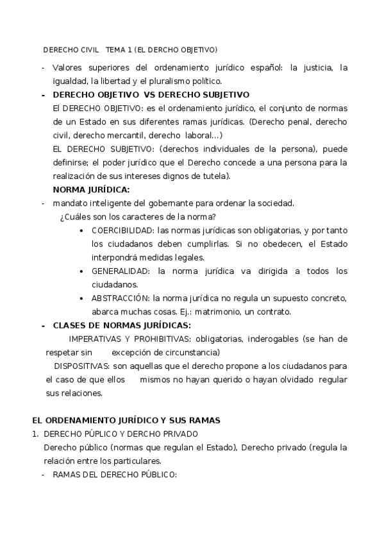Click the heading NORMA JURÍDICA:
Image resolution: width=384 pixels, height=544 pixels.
coord(91,189)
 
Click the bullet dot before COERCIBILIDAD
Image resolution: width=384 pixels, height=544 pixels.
coord(82,230)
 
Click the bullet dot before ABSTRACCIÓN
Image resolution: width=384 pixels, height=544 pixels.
coord(82,298)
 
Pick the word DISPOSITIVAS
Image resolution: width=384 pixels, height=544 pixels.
coord(81,366)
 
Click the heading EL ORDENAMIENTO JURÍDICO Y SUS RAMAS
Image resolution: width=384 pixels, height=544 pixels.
coord(126,420)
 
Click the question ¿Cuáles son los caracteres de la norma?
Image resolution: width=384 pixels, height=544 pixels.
coord(138,217)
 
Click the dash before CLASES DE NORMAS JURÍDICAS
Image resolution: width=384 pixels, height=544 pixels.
coord(43,325)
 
